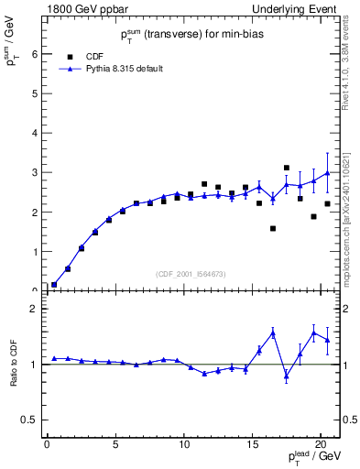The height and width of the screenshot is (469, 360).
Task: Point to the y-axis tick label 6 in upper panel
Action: (x=35, y=54)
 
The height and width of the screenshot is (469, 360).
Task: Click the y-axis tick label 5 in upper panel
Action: (x=35, y=93)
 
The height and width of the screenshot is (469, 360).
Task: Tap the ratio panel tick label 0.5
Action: (x=31, y=420)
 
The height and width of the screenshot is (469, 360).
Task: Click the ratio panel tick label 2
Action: (x=35, y=309)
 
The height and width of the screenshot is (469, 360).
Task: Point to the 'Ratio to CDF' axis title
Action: (x=13, y=365)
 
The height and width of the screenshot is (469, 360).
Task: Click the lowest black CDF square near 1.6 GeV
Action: (x=273, y=228)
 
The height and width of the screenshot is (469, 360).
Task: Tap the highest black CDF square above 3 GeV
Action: (x=287, y=168)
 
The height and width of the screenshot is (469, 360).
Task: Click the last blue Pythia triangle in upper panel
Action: (x=327, y=173)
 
